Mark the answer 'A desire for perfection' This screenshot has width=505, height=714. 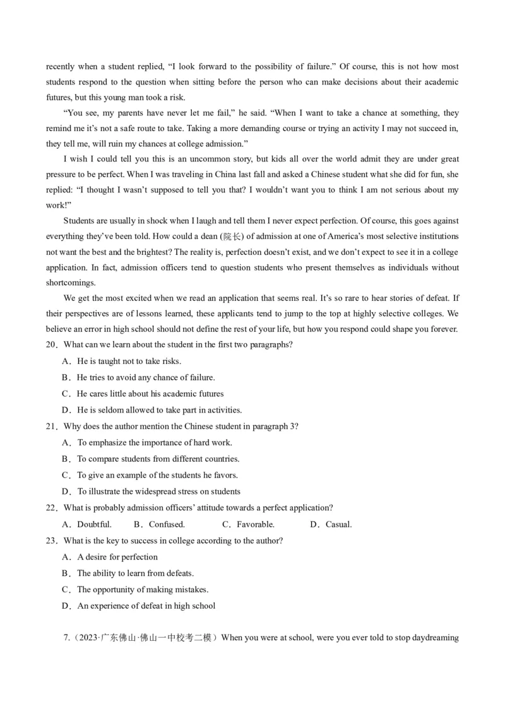[117, 557]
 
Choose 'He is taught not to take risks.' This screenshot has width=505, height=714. [129, 361]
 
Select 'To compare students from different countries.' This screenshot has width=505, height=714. [158, 459]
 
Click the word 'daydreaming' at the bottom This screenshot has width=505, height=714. [435, 638]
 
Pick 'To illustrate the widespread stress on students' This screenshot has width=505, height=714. [158, 491]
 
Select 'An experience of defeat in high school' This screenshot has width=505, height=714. [146, 606]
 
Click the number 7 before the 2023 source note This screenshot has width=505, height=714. [66, 638]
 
